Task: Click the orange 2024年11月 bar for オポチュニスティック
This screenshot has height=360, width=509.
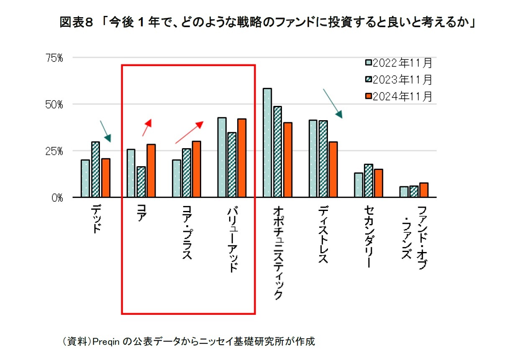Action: pyautogui.click(x=287, y=159)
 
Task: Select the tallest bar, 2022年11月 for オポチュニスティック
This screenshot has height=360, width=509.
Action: pyautogui.click(x=267, y=143)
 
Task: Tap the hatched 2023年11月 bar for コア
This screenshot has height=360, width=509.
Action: pyautogui.click(x=141, y=182)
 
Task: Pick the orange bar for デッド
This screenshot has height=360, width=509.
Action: pyautogui.click(x=105, y=178)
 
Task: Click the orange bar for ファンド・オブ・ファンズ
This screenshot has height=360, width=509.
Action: pyautogui.click(x=424, y=190)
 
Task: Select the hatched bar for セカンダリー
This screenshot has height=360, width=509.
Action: pyautogui.click(x=368, y=180)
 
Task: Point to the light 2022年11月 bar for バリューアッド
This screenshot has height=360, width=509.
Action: pyautogui.click(x=222, y=157)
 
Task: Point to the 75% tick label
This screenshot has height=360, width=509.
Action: pyautogui.click(x=54, y=58)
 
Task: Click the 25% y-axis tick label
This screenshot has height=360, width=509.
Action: pyautogui.click(x=54, y=151)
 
